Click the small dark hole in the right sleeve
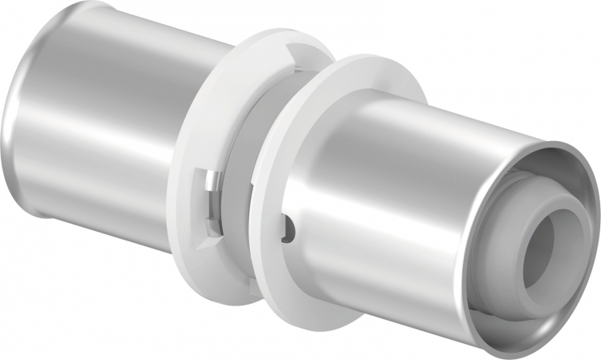pos(292,232)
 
